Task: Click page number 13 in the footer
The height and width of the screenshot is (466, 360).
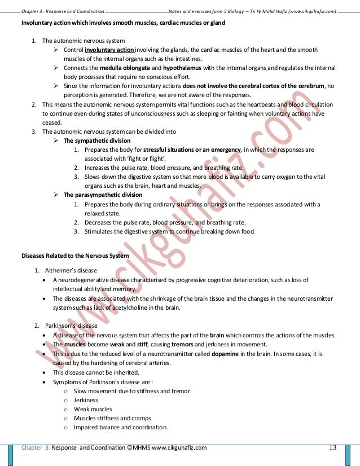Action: pos(332,448)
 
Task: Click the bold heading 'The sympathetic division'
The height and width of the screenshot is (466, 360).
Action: pos(94,140)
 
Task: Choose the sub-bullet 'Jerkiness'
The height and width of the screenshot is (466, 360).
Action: pos(86,400)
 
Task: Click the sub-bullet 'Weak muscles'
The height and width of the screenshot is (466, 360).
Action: pos(93,409)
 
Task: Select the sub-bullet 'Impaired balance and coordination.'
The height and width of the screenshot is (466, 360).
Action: pos(121,427)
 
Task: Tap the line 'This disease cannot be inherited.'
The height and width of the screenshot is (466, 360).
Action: pos(95,372)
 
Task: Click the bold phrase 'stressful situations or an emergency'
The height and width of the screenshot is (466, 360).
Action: pos(192,150)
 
